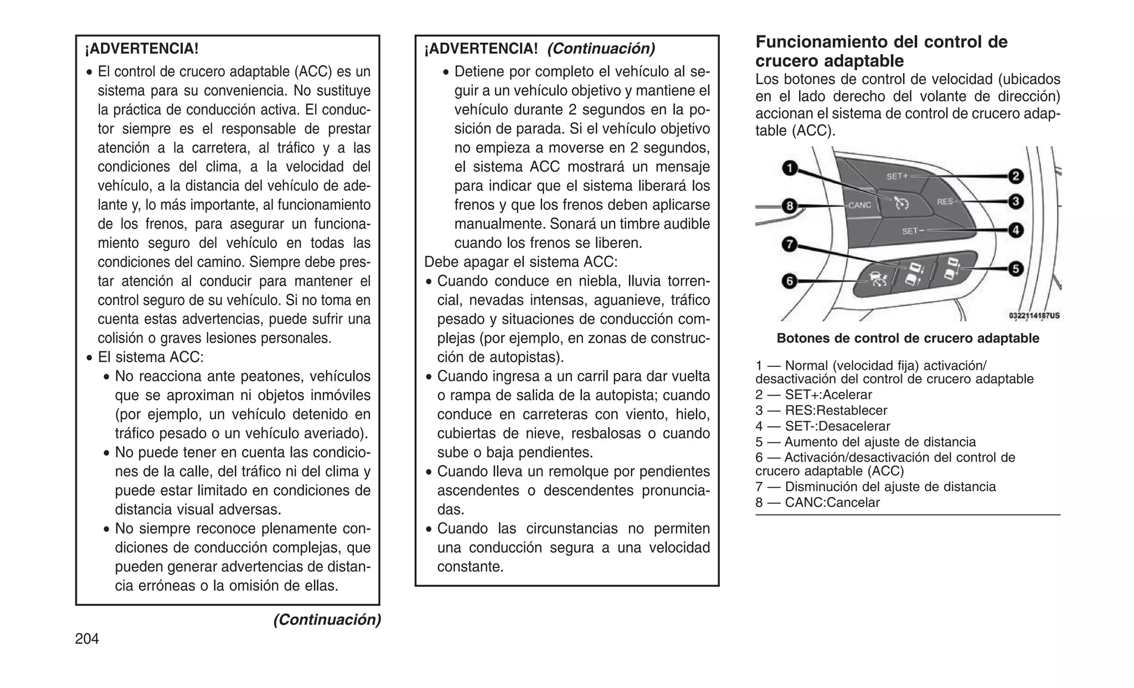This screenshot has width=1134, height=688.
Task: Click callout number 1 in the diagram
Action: pyautogui.click(x=790, y=168)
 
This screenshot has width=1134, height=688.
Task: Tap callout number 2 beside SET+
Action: pyautogui.click(x=1016, y=177)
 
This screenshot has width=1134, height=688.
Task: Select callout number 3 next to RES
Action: pyautogui.click(x=1016, y=201)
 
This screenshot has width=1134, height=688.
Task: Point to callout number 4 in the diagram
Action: pyautogui.click(x=1016, y=230)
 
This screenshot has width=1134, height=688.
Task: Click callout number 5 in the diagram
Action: pyautogui.click(x=1016, y=269)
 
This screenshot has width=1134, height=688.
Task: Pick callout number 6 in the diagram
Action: pyautogui.click(x=790, y=281)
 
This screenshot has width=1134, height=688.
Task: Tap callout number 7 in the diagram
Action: pyautogui.click(x=790, y=244)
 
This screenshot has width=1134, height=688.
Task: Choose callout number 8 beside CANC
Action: pyautogui.click(x=790, y=206)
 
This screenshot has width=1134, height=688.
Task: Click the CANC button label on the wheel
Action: pyautogui.click(x=859, y=205)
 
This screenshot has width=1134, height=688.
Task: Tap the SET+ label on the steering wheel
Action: pyautogui.click(x=898, y=177)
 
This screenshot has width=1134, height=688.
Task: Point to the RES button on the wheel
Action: pyautogui.click(x=945, y=201)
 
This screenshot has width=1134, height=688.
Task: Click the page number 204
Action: pyautogui.click(x=87, y=639)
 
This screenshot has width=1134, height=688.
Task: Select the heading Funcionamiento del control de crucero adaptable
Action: pyautogui.click(x=881, y=51)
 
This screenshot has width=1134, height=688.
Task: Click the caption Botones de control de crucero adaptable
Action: pyautogui.click(x=908, y=338)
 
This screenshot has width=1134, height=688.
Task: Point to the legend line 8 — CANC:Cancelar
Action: pyautogui.click(x=817, y=503)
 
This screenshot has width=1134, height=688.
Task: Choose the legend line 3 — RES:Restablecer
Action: pyautogui.click(x=821, y=410)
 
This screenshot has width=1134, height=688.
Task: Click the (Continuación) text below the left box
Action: pyautogui.click(x=327, y=619)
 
